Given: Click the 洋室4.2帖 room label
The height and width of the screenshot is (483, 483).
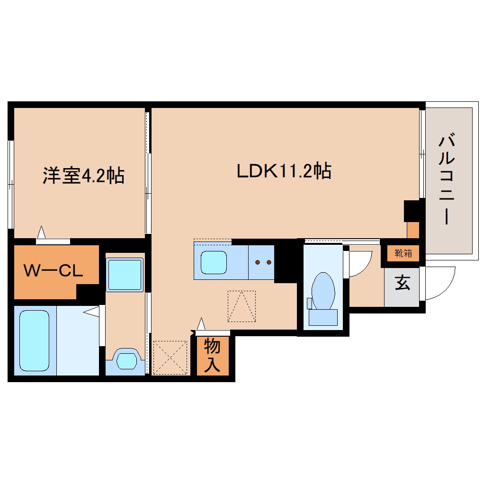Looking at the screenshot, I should (x=83, y=176).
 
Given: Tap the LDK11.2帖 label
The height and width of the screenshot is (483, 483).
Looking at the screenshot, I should (x=284, y=171).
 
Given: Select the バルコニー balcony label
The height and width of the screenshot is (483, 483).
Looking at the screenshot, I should (x=447, y=179).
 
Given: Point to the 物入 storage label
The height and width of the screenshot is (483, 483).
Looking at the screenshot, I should (x=213, y=356).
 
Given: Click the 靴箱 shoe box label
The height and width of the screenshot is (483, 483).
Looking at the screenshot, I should (x=403, y=253).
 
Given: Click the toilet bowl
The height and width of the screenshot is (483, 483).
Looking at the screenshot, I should (x=323, y=290).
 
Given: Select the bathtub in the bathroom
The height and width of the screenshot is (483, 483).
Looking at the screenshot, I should (x=35, y=340).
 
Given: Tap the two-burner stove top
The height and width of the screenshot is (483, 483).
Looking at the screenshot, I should (x=261, y=262).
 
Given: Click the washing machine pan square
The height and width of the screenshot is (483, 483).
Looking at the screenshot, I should (x=125, y=275).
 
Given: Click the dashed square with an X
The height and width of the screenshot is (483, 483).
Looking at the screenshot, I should (x=171, y=358).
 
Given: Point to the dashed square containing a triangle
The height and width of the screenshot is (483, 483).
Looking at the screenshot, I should (x=241, y=306).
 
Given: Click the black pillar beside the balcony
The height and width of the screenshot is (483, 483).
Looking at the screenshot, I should (x=411, y=211).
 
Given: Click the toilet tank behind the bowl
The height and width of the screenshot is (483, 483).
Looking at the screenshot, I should (x=323, y=316).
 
